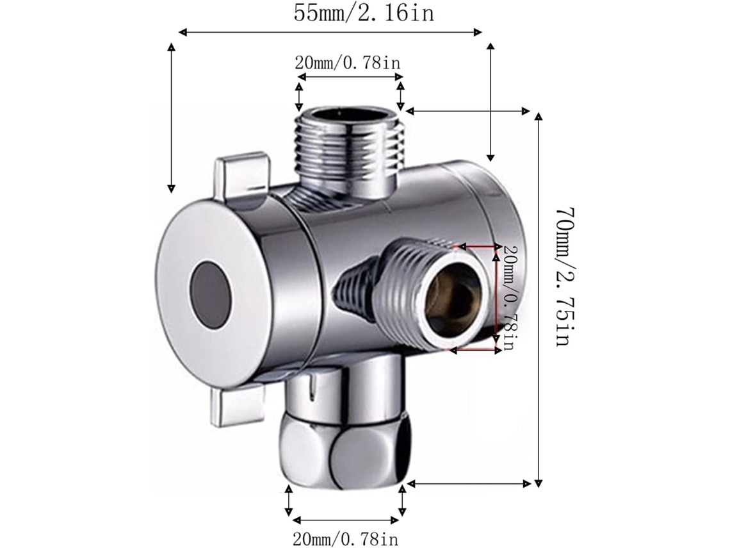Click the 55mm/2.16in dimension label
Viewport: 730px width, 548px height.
(x=364, y=13)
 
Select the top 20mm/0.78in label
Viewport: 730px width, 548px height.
(x=347, y=62)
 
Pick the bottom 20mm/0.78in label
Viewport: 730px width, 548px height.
(x=345, y=539)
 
